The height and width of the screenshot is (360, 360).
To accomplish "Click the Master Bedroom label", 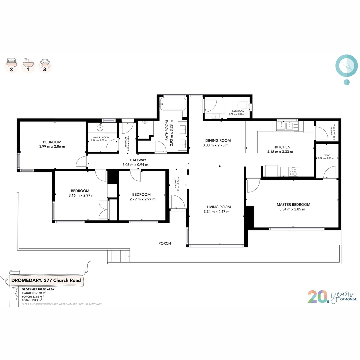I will pyautogui.click(x=293, y=204).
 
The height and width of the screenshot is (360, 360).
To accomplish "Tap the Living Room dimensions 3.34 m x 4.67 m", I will pyautogui.click(x=216, y=212).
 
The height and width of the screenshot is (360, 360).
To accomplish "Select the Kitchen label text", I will pyautogui.click(x=282, y=147).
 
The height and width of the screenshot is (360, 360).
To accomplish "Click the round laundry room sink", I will pyautogui.click(x=100, y=128).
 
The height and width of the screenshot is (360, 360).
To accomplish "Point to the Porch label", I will pyautogui.click(x=165, y=243).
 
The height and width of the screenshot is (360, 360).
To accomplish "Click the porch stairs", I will pyautogui.click(x=118, y=257).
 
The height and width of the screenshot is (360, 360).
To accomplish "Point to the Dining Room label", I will pyautogui.click(x=218, y=140).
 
